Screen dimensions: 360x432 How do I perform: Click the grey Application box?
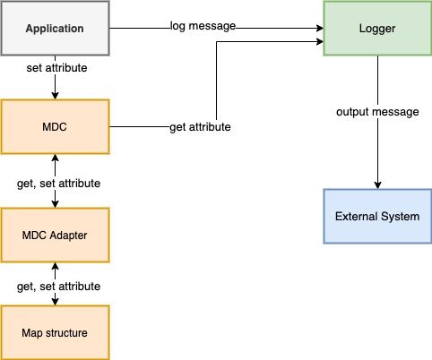[x=55, y=29]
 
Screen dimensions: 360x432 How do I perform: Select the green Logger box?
[x=376, y=29]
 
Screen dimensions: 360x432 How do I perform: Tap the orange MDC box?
[x=55, y=126]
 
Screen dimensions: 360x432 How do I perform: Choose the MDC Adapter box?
[x=55, y=235]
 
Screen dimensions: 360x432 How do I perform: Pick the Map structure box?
[x=55, y=333]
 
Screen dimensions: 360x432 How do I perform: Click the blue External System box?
[x=376, y=217]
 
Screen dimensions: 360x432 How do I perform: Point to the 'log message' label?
[x=203, y=26]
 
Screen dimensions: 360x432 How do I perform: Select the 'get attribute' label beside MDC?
[x=200, y=127]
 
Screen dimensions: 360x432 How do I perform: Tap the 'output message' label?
[x=377, y=112]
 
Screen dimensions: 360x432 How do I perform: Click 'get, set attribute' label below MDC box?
[x=58, y=183]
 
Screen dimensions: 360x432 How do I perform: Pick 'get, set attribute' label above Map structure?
[x=58, y=286]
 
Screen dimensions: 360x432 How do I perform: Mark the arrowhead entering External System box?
[x=376, y=184]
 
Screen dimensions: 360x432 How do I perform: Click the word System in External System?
[x=399, y=217]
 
